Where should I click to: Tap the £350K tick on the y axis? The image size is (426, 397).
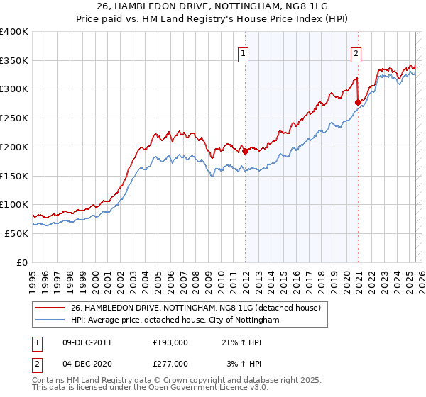(14, 61)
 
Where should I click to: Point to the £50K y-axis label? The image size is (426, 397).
(16, 233)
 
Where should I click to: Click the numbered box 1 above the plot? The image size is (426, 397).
(244, 52)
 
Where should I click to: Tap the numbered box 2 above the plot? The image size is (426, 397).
(355, 52)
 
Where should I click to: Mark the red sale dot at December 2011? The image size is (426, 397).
(245, 151)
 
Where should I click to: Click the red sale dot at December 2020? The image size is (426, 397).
(358, 102)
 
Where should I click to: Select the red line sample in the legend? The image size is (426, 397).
(50, 308)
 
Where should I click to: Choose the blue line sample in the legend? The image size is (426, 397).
(50, 320)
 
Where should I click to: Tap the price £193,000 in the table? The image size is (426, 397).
(170, 342)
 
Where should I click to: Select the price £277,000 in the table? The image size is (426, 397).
(170, 364)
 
